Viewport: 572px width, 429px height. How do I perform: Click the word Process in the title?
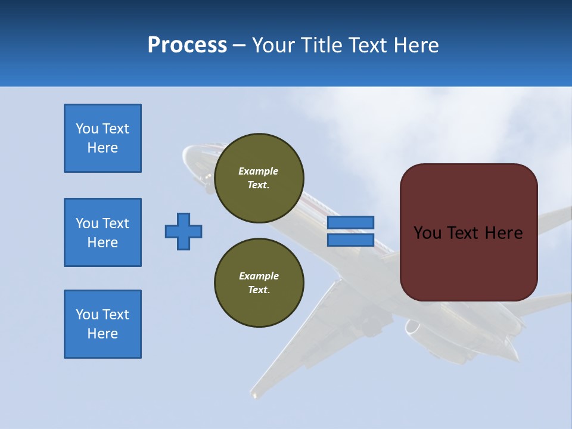[187, 45]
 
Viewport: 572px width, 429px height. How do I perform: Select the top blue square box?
[102, 138]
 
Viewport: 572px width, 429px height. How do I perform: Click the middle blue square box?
[102, 232]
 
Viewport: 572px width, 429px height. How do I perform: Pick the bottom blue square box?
[102, 324]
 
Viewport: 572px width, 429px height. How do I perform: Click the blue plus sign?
[184, 231]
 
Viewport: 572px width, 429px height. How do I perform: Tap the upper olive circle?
[259, 178]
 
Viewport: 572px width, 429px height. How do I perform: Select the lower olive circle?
[259, 282]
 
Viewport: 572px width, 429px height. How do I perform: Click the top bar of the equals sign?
[350, 222]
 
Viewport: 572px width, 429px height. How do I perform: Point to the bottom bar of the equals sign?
[350, 240]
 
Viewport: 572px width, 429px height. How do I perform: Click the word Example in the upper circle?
[258, 171]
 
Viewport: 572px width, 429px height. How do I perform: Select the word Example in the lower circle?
[258, 276]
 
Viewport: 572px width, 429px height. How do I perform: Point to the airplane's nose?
[189, 151]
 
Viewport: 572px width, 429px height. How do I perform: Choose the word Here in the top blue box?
[102, 148]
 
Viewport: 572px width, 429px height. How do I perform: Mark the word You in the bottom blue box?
[87, 315]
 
